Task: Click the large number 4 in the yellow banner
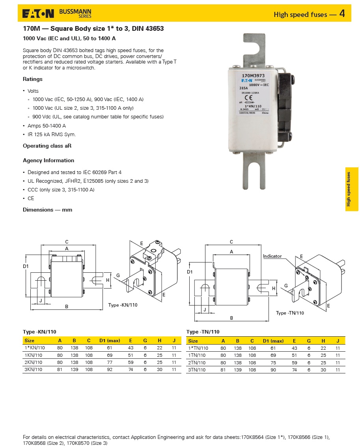(x=342, y=14)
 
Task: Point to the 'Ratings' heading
(x=33, y=79)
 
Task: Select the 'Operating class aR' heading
(x=47, y=146)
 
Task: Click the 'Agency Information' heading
(x=48, y=161)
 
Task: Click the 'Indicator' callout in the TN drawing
(x=272, y=256)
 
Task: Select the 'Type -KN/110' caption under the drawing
(x=123, y=305)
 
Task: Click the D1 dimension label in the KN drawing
(x=26, y=266)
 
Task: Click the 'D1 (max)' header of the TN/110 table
(x=273, y=341)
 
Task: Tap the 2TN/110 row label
(x=197, y=363)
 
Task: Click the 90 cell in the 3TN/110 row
(x=273, y=370)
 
